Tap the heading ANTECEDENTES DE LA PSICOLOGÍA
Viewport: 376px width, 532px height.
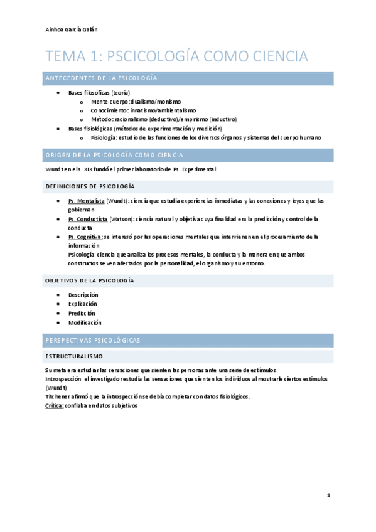pyautogui.click(x=101, y=78)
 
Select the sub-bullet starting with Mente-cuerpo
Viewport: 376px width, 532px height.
pyautogui.click(x=136, y=101)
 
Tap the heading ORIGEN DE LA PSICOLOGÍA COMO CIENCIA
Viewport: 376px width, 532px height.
pyautogui.click(x=114, y=155)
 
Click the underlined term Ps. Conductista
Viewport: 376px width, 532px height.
pyautogui.click(x=88, y=219)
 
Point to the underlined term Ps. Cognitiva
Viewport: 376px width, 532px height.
pyautogui.click(x=85, y=237)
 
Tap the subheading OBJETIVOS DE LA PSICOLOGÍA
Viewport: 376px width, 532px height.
pyautogui.click(x=89, y=280)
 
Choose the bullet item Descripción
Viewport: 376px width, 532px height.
pyautogui.click(x=83, y=294)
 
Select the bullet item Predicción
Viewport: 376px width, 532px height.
pyautogui.click(x=82, y=312)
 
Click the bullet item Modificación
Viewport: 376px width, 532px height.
pyautogui.click(x=84, y=322)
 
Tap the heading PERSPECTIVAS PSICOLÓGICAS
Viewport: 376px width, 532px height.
pyautogui.click(x=93, y=339)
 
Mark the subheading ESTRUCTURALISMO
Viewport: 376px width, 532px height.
pyautogui.click(x=74, y=356)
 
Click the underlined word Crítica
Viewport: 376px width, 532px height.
pyautogui.click(x=55, y=406)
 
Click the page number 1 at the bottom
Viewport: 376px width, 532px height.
pyautogui.click(x=328, y=496)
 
